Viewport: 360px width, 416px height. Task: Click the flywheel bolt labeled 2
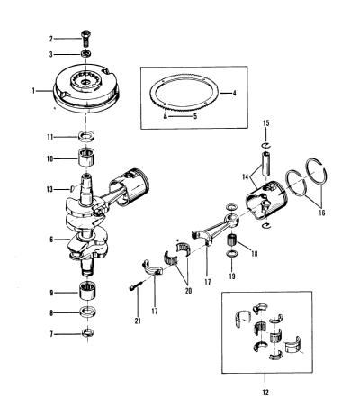click(x=86, y=38)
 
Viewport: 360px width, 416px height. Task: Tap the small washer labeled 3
click(x=86, y=54)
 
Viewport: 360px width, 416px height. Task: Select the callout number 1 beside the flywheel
click(x=33, y=90)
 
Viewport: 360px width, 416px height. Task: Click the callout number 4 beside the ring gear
click(x=235, y=93)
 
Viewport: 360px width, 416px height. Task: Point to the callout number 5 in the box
click(x=195, y=116)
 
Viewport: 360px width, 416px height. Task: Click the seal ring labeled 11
click(x=87, y=137)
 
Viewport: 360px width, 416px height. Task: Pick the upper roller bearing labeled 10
click(x=87, y=157)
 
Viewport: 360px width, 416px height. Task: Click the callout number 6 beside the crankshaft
click(x=51, y=240)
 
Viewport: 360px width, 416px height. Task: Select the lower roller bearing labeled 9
click(x=87, y=291)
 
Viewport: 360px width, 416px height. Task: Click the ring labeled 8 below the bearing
click(x=87, y=312)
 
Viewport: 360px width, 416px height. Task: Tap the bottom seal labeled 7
click(x=87, y=333)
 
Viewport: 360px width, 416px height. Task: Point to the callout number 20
click(x=188, y=291)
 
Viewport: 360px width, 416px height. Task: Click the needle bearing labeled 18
click(x=231, y=240)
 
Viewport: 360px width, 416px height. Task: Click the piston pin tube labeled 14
click(x=266, y=164)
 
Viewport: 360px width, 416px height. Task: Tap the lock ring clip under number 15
click(x=266, y=146)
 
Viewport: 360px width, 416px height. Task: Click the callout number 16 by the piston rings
click(x=321, y=213)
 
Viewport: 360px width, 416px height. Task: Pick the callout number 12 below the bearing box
click(x=265, y=392)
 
